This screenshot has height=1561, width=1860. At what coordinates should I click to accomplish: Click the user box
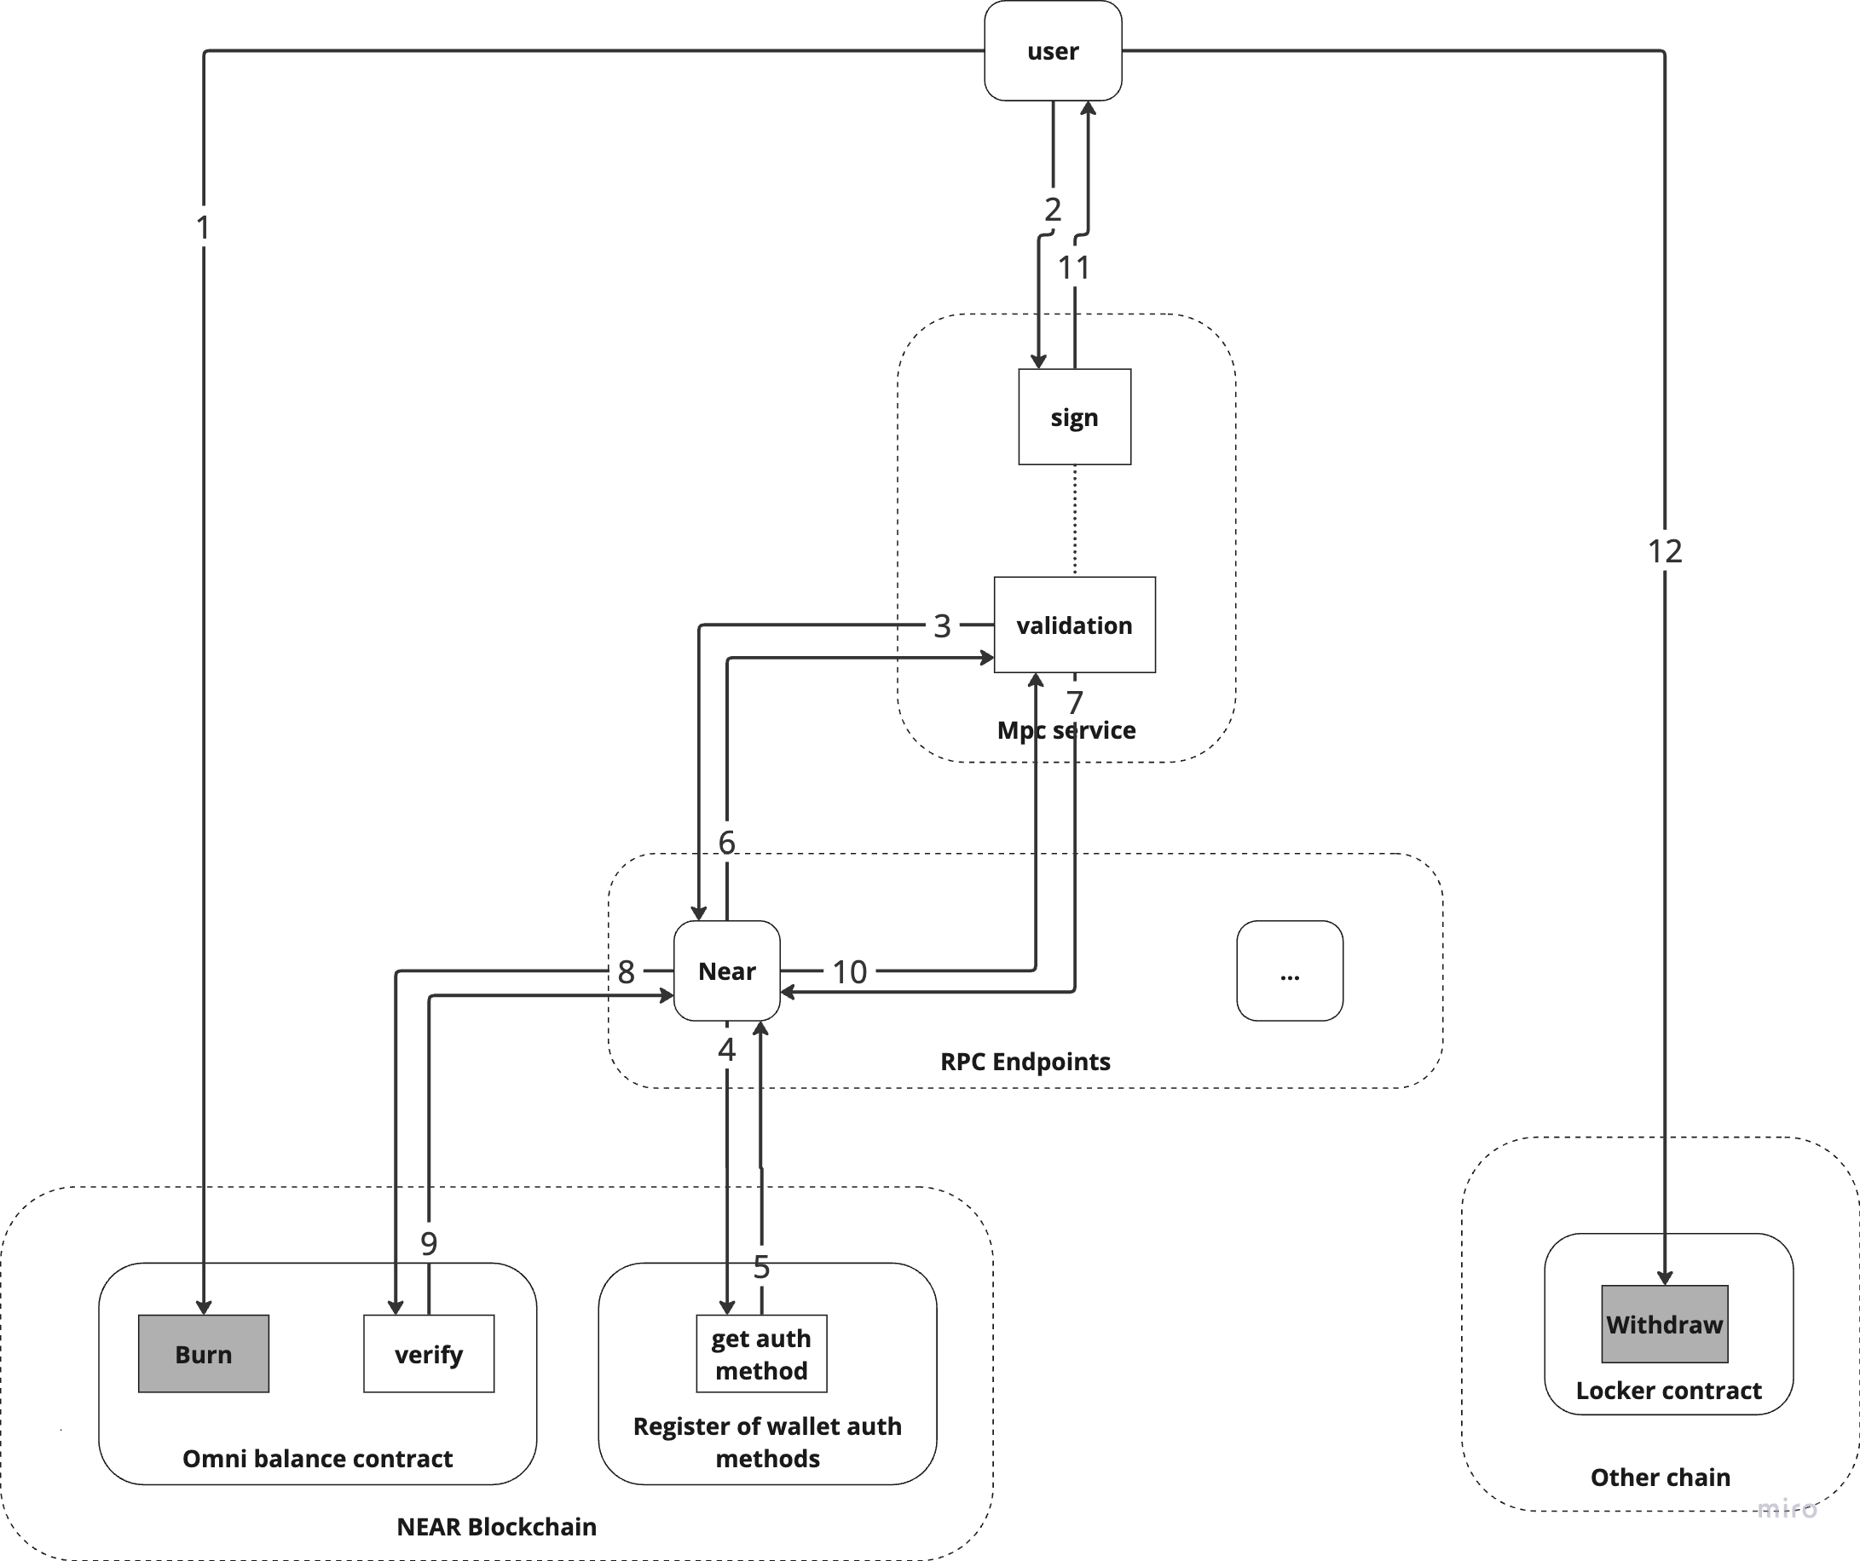tap(1053, 50)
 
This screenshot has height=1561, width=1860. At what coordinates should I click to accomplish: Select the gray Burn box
tap(204, 1354)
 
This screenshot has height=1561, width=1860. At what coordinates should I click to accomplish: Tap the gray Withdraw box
tap(1664, 1325)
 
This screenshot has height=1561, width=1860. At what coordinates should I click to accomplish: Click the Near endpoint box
tap(727, 971)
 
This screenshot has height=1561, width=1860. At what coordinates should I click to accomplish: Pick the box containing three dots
tap(1290, 971)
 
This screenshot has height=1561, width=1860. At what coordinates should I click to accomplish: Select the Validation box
tap(1074, 625)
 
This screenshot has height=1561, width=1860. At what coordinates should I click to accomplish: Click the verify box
tap(430, 1355)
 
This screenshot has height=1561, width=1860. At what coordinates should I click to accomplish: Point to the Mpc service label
tap(1066, 730)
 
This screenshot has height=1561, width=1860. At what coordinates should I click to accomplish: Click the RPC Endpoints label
tap(1025, 1062)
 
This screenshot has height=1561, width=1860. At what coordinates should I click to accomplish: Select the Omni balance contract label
tap(317, 1458)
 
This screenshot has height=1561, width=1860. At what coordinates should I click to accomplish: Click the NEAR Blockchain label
tap(496, 1526)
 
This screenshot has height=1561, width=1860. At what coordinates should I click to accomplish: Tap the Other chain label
tap(1660, 1477)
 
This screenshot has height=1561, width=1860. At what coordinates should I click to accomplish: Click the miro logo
tap(1788, 1508)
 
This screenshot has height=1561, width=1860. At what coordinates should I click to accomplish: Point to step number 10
tap(849, 973)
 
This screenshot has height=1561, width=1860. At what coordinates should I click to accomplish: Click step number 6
tap(726, 842)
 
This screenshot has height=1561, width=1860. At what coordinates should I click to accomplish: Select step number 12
tap(1664, 552)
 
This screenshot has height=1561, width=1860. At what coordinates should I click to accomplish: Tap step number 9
tap(429, 1244)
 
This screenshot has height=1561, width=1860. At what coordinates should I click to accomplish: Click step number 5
tap(762, 1268)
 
